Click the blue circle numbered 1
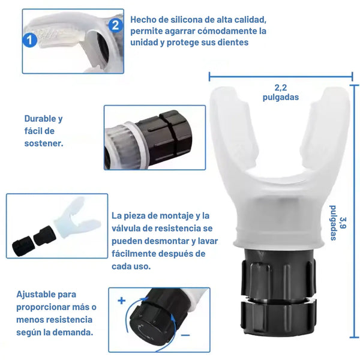click(30, 40)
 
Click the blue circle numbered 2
click(115, 25)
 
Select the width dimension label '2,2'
click(281, 88)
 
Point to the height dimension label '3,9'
click(343, 223)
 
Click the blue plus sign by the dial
click(121, 301)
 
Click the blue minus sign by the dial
click(185, 335)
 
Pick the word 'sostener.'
click(44, 143)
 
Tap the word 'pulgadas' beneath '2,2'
click(281, 97)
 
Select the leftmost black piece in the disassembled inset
click(23, 245)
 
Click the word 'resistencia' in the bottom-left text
click(66, 320)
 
